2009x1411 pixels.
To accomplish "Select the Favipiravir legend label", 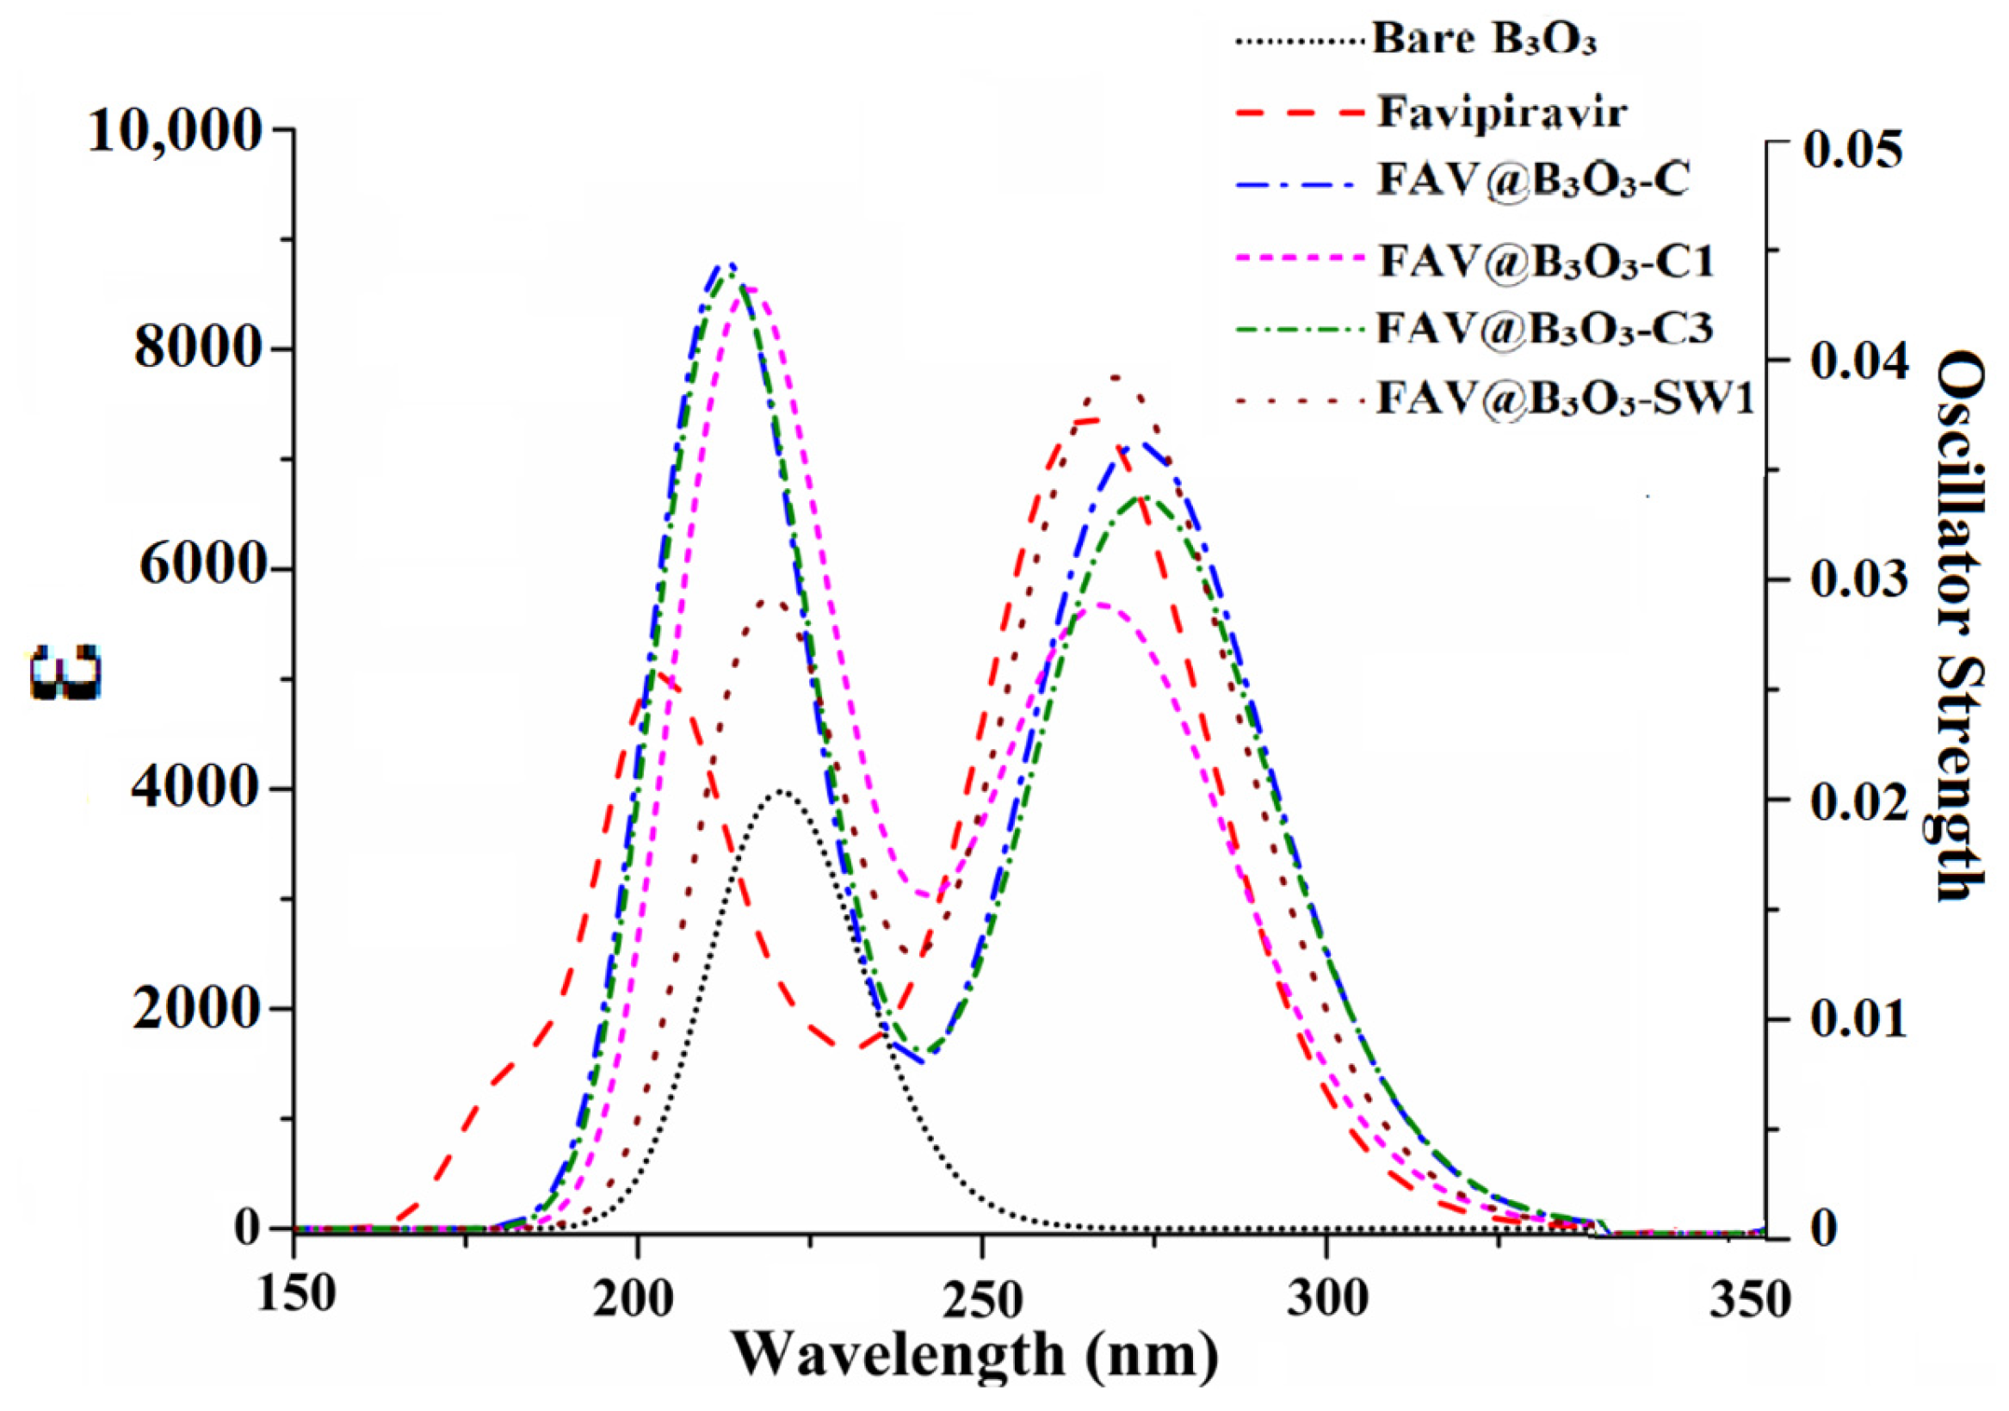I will pos(1502,113).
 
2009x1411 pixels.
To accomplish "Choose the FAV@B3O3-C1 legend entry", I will pos(1545,260).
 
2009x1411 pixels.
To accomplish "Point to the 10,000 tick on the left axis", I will pos(175,132).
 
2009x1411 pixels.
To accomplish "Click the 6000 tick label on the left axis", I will pos(194,570).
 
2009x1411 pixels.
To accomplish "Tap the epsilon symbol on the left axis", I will pos(65,672).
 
